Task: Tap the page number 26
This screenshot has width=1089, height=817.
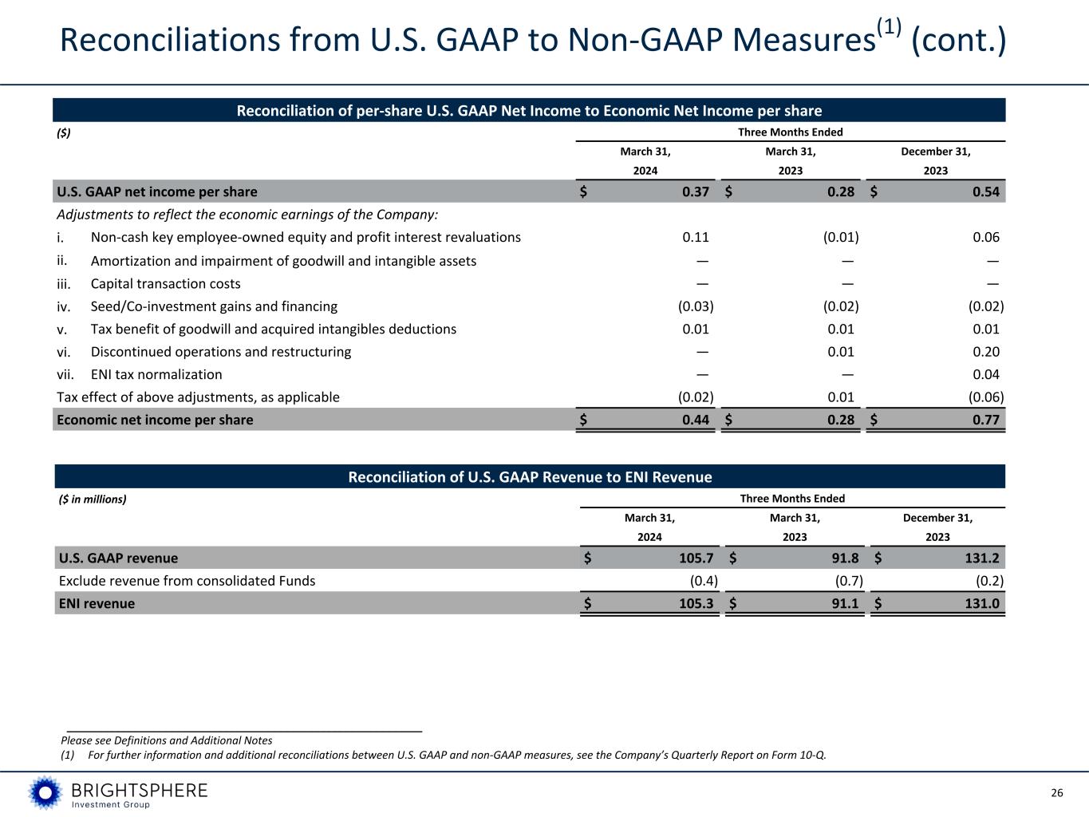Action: (1057, 793)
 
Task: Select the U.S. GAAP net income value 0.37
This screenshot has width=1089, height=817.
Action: (696, 191)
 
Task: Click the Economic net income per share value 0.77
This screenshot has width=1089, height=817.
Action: (986, 420)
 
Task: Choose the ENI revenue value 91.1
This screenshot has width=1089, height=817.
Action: (844, 603)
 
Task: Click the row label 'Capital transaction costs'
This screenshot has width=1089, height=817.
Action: (165, 284)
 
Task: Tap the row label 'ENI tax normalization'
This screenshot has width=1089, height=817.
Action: (156, 374)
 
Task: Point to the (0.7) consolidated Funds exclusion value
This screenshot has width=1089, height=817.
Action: (846, 581)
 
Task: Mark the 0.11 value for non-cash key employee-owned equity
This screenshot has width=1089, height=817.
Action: (696, 237)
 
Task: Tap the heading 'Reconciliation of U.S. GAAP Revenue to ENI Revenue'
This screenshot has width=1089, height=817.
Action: (530, 477)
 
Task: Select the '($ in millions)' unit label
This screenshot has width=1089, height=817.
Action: (93, 499)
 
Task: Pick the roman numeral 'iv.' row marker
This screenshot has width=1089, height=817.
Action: (65, 306)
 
